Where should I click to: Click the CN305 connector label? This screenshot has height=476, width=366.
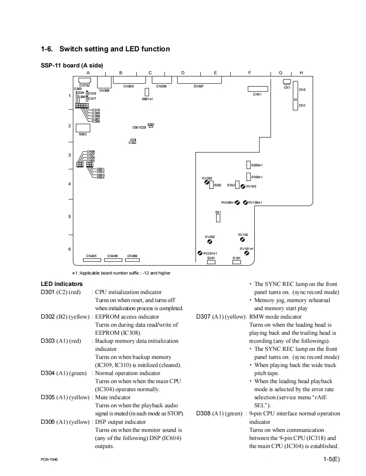coord(129,87)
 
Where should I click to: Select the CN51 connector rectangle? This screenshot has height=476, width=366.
coord(258,89)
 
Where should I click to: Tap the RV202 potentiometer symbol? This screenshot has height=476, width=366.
coord(210,242)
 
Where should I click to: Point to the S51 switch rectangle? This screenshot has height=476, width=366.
coord(218,218)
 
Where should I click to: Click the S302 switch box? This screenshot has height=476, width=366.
coord(82,128)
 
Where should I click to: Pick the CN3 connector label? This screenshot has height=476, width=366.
coord(302,90)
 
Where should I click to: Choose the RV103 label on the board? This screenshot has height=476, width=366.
coord(251,186)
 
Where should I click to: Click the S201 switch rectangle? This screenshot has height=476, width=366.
coord(211,262)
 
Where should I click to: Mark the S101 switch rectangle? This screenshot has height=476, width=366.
coord(236,262)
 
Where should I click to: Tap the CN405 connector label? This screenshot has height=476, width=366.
coord(91,256)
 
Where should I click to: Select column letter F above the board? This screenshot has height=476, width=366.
coord(250,73)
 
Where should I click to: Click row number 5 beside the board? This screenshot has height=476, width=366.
coord(70,217)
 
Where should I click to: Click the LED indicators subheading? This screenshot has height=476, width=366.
coord(62,284)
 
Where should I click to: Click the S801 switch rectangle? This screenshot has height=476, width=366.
coord(147,92)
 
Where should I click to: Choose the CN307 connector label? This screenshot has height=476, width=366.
coord(198,87)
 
